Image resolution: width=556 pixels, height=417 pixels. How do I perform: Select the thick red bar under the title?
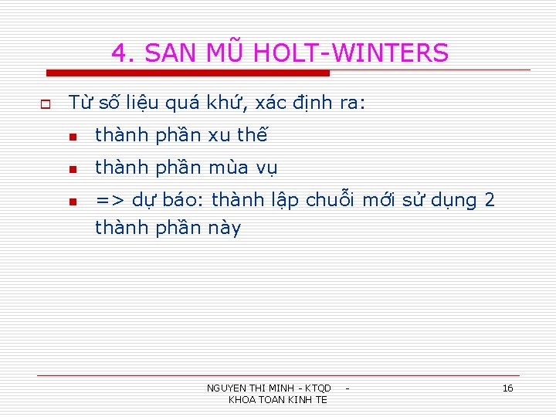pos(188,73)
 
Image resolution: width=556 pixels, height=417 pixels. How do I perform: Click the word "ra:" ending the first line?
pos(351,102)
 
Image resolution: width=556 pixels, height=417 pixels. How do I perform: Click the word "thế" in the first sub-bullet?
pos(252,135)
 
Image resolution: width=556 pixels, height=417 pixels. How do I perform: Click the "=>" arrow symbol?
pos(109,201)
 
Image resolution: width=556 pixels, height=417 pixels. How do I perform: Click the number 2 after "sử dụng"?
pos(489,200)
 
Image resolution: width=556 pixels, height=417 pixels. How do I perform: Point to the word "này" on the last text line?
pos(225,229)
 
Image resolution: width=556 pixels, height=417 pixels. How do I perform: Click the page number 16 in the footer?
pos(507,388)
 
